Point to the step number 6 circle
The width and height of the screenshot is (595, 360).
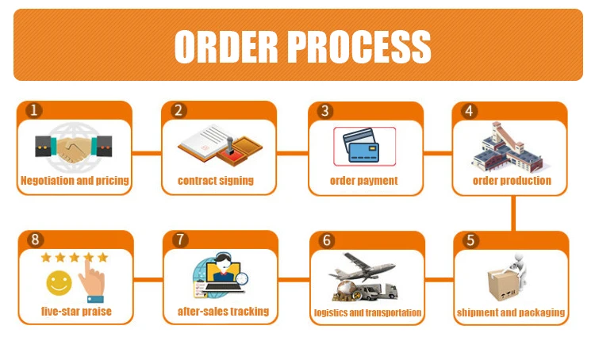tap(326, 240)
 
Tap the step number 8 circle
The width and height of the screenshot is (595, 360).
tap(33, 240)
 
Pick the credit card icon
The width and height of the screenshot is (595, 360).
tap(364, 146)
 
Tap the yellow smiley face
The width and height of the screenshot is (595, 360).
tap(57, 281)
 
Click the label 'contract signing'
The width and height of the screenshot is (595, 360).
tap(216, 181)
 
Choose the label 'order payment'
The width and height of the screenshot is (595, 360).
tap(364, 181)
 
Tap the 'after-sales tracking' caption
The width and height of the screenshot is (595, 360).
tap(223, 312)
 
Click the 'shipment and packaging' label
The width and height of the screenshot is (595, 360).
tap(511, 312)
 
